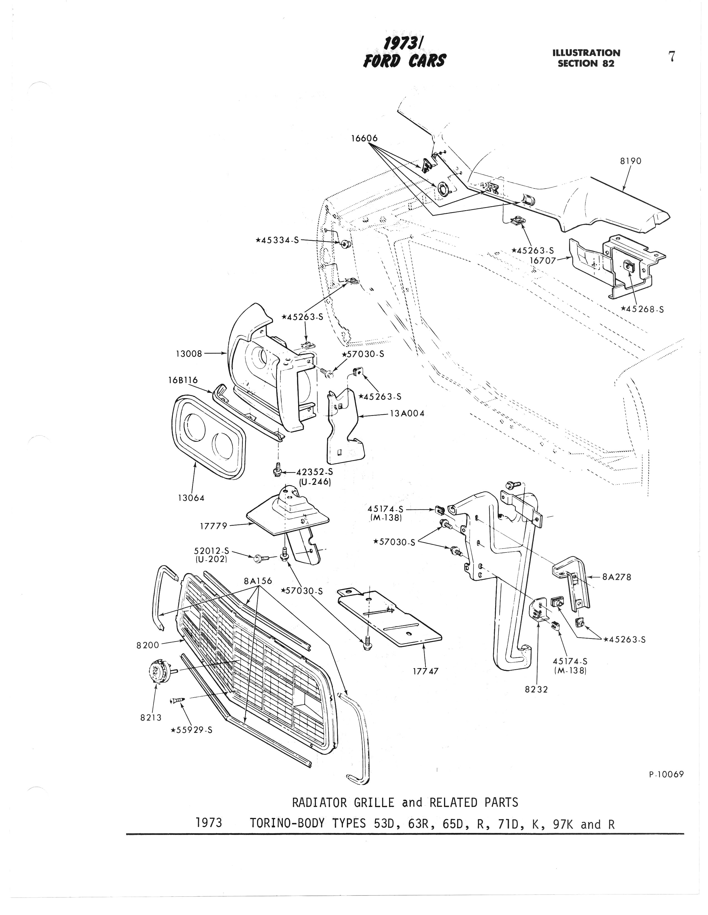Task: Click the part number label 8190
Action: click(x=630, y=161)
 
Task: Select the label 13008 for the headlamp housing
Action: click(x=189, y=354)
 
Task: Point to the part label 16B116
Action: click(x=183, y=380)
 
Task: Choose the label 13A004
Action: click(x=407, y=413)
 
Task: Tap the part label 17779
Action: click(x=213, y=526)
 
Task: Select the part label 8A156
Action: click(x=258, y=581)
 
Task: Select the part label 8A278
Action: click(x=617, y=577)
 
